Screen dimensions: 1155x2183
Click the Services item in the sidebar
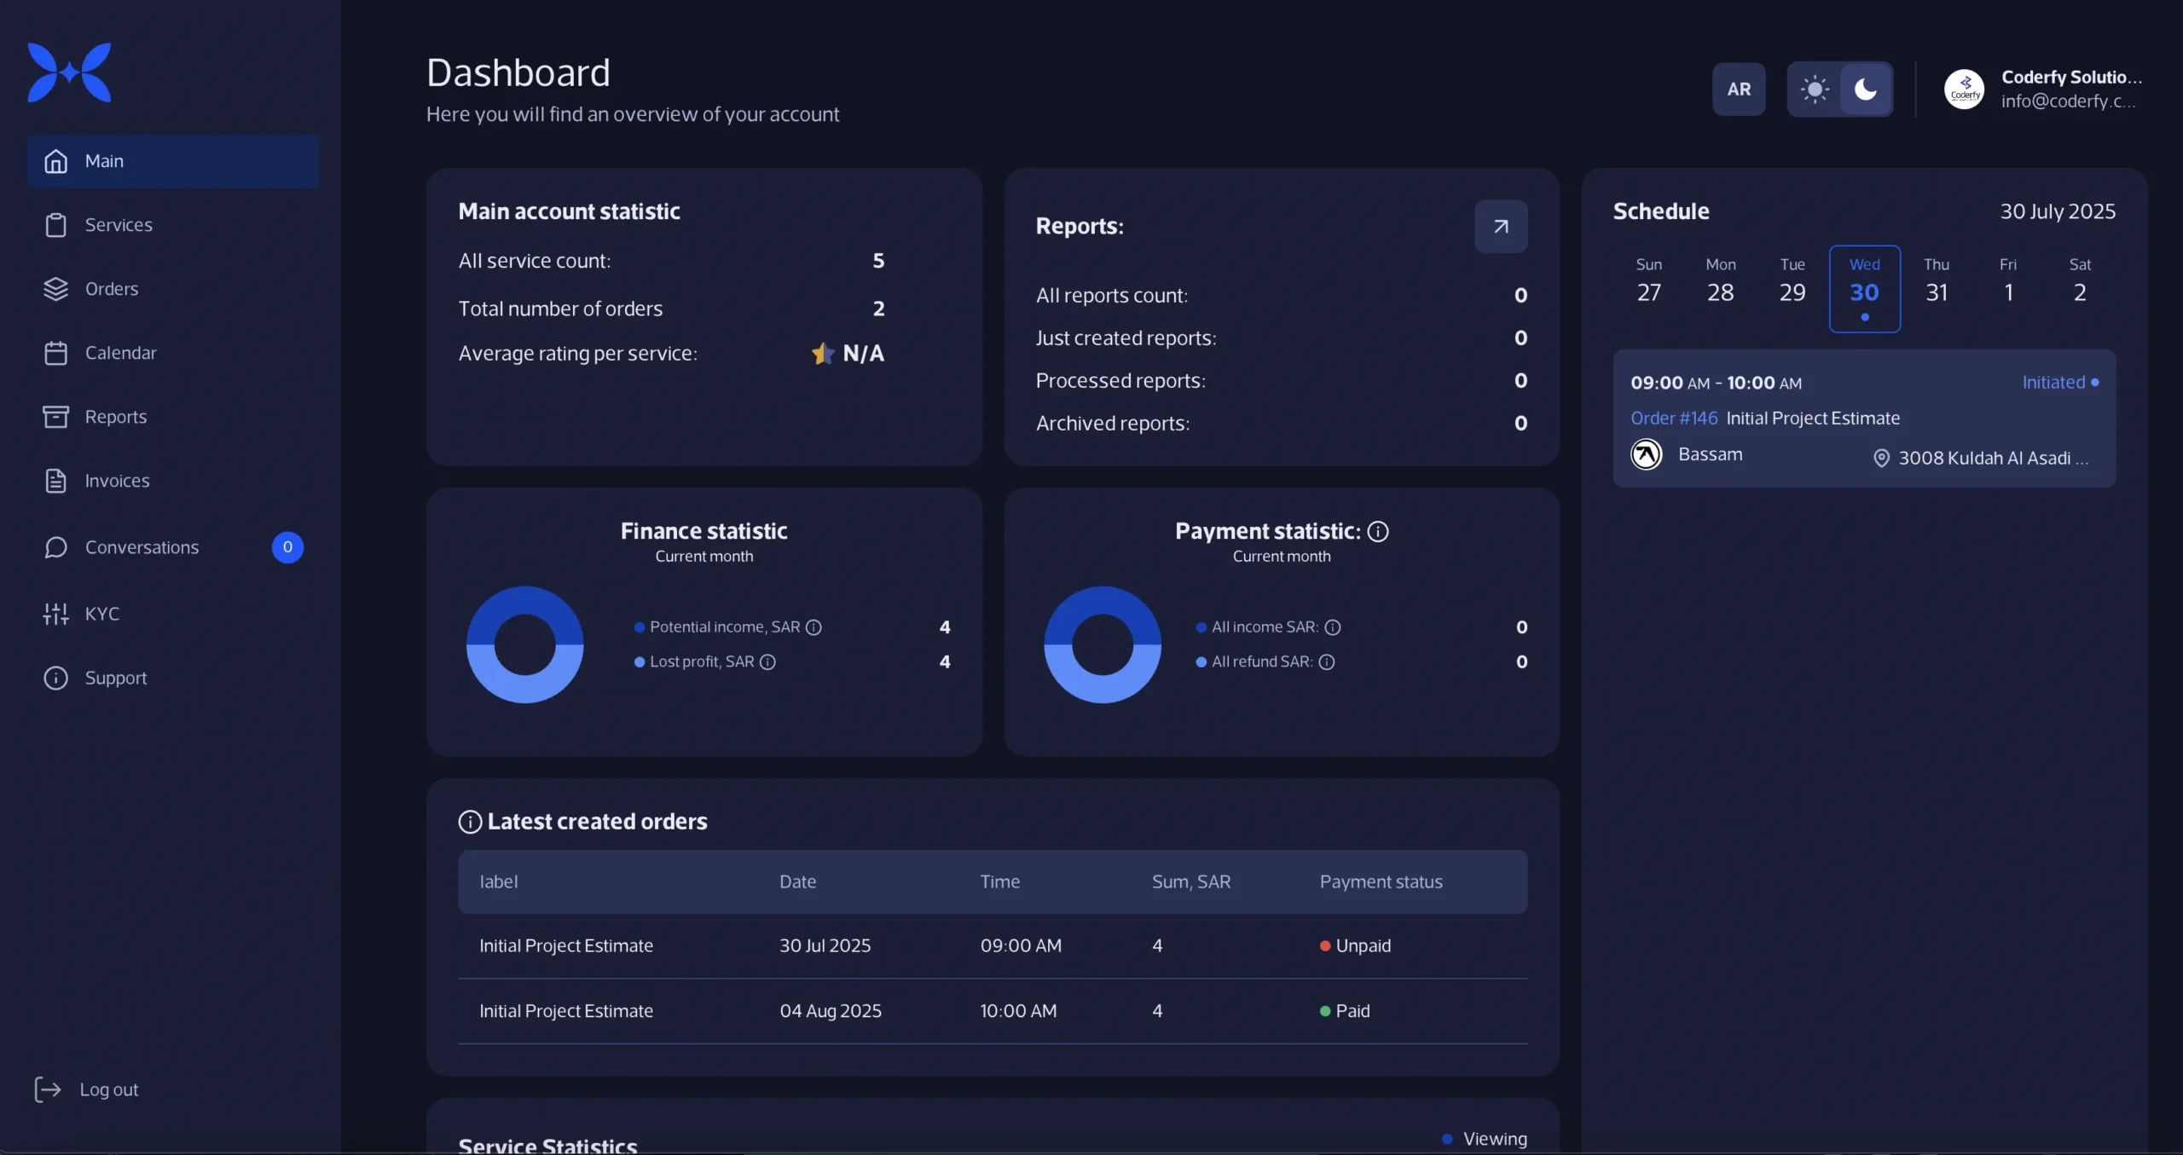pos(118,225)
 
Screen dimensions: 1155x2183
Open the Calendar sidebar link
pos(119,353)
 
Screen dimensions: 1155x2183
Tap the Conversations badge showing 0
pos(287,547)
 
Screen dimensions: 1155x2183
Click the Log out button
pos(87,1089)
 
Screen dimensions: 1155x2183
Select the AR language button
pos(1739,90)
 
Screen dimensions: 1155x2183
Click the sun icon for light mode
pos(1814,90)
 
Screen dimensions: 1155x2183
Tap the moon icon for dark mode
pos(1866,90)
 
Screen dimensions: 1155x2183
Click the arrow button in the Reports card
pos(1501,227)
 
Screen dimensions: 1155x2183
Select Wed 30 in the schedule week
pos(1864,288)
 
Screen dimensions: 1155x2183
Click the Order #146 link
pos(1674,419)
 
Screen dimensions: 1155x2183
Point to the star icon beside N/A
pos(822,354)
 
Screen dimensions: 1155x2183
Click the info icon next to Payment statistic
pos(1378,532)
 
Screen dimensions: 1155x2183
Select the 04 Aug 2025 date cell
pos(830,1011)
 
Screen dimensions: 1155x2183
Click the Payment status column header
pos(1381,882)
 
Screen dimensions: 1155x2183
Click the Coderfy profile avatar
pos(1964,90)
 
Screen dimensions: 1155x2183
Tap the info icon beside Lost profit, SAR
pos(767,662)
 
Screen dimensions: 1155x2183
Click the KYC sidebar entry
pos(101,614)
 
